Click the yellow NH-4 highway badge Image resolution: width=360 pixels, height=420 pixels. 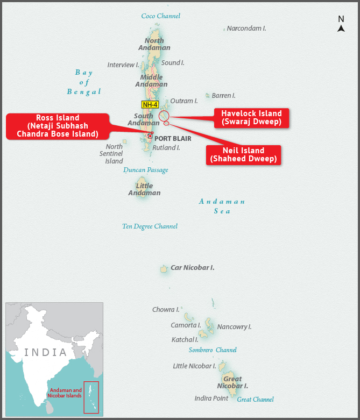coord(150,104)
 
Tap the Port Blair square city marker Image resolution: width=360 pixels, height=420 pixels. coord(150,136)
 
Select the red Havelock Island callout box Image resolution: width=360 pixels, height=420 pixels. coord(251,118)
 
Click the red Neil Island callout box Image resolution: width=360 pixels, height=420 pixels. coord(243,155)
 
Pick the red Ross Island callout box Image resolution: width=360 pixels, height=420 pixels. coord(58,126)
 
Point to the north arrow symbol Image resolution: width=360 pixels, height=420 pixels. coord(341,29)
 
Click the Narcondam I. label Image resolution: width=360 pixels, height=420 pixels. coord(246,28)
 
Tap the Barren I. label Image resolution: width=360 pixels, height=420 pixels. coord(223,96)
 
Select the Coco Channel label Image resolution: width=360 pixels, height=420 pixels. coord(160,16)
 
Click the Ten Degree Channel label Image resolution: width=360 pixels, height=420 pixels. coord(150,226)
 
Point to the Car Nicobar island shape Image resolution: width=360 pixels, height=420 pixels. coord(164,269)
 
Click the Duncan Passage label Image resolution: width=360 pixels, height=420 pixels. coord(145,170)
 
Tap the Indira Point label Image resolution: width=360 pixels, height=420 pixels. coord(211,398)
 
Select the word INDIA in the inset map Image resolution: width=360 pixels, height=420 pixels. coord(46,352)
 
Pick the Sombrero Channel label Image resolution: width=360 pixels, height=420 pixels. coord(213,350)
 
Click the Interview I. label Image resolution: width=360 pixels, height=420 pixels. coord(123,65)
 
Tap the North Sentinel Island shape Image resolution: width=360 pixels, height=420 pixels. coord(124,141)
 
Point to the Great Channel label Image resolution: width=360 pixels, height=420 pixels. coord(255,400)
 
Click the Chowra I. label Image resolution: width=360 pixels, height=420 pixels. coord(166,310)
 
